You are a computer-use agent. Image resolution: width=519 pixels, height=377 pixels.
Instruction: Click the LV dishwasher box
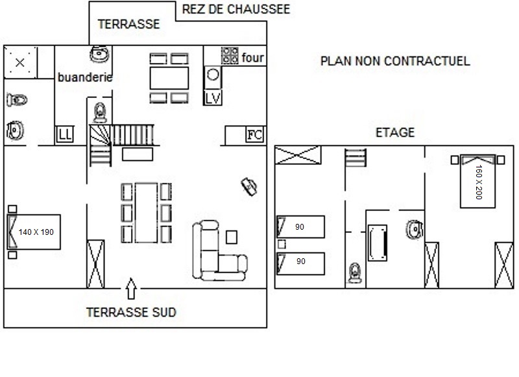point(213,97)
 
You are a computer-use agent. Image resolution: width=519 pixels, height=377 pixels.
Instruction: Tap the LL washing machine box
point(65,134)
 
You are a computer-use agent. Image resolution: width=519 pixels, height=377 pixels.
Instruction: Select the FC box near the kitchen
point(255,134)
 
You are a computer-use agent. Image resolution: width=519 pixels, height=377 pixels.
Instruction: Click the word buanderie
point(85,77)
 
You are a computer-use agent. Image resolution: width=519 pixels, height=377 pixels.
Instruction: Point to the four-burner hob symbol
point(230,56)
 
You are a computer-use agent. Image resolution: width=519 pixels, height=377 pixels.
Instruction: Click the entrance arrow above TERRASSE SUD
point(132,288)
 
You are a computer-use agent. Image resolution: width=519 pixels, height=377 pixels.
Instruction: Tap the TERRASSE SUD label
point(132,312)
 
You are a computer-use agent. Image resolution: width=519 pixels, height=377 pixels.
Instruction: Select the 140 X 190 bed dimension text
point(36,232)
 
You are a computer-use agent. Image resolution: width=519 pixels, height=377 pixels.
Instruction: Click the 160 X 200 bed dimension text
point(479,182)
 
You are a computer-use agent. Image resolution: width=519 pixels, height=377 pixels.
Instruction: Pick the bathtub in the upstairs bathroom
point(378,243)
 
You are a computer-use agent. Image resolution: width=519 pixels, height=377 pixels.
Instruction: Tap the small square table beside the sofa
point(232,237)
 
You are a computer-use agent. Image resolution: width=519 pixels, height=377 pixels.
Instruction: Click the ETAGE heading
point(395,132)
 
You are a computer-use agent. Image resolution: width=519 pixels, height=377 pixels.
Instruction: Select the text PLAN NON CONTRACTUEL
point(395,61)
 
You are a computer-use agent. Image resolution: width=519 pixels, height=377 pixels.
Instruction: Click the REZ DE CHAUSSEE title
point(236,9)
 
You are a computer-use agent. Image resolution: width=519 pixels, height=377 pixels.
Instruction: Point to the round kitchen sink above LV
point(213,75)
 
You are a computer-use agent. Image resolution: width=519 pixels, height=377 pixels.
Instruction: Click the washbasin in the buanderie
point(99,55)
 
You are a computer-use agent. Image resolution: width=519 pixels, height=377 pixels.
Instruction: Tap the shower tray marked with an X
point(20,62)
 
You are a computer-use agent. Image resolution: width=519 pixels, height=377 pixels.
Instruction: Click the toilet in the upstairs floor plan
point(355,273)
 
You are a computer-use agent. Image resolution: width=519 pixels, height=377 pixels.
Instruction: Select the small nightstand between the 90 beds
point(282,244)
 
